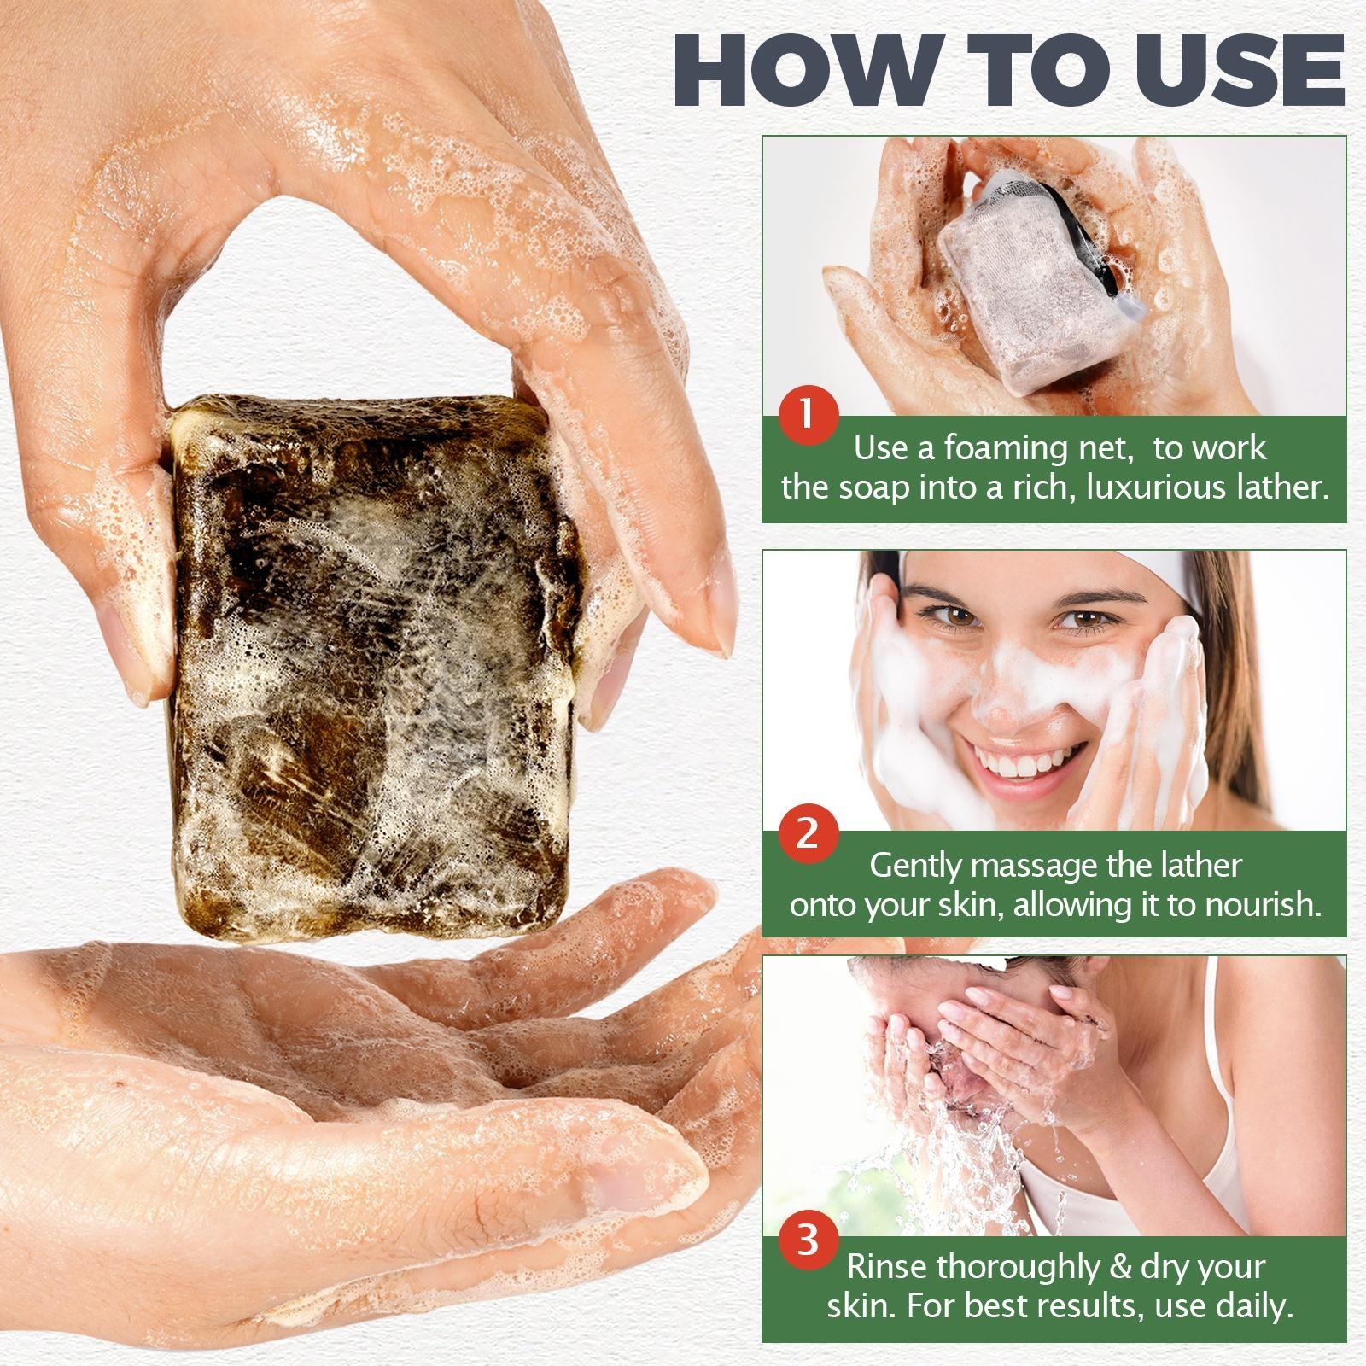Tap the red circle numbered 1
808,415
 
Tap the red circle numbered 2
808,832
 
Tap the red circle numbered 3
808,1239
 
